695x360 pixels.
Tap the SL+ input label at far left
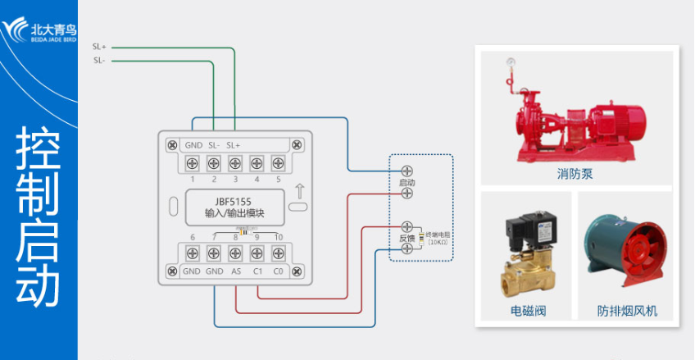coord(99,47)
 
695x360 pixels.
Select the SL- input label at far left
coord(98,60)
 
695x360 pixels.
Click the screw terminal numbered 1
coord(193,162)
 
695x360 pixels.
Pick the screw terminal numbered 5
coord(278,162)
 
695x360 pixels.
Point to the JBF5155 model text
coord(234,202)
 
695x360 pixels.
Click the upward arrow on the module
coord(301,194)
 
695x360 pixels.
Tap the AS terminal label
coord(236,271)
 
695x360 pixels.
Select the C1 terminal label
coord(257,271)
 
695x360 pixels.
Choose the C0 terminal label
coord(279,271)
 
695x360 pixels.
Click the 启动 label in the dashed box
coord(407,182)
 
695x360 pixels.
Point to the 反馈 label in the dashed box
coord(407,238)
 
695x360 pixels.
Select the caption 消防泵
coord(574,175)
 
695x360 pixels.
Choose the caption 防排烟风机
coord(627,312)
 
